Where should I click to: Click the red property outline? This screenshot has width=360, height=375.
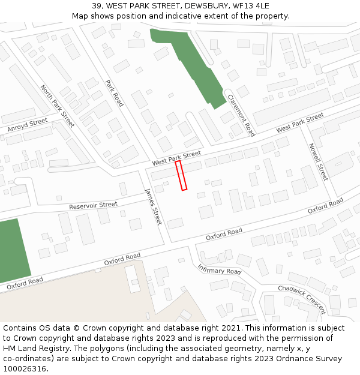[x=181, y=175]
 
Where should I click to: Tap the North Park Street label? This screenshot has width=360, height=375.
[x=58, y=106]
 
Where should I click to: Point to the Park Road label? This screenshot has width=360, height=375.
[x=114, y=94]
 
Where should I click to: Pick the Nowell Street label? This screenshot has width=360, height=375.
[x=317, y=161]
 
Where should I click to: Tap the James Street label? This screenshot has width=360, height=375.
[x=154, y=206]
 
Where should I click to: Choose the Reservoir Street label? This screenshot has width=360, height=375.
[x=93, y=205]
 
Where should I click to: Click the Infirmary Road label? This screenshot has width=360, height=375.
[x=219, y=271]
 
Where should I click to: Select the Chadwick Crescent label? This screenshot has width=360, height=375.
[x=301, y=299]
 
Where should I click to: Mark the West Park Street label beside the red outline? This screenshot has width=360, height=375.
[x=176, y=158]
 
